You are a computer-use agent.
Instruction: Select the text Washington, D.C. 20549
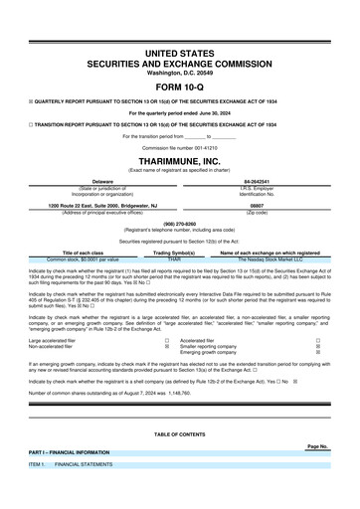(179, 72)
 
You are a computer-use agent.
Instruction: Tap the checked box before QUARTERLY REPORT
(32, 99)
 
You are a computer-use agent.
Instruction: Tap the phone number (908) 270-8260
(179, 224)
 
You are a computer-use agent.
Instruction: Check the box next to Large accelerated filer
(166, 339)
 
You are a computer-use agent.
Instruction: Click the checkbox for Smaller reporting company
(318, 346)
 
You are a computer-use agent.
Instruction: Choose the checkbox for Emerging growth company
(318, 353)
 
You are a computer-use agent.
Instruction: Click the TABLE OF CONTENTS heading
(179, 434)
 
